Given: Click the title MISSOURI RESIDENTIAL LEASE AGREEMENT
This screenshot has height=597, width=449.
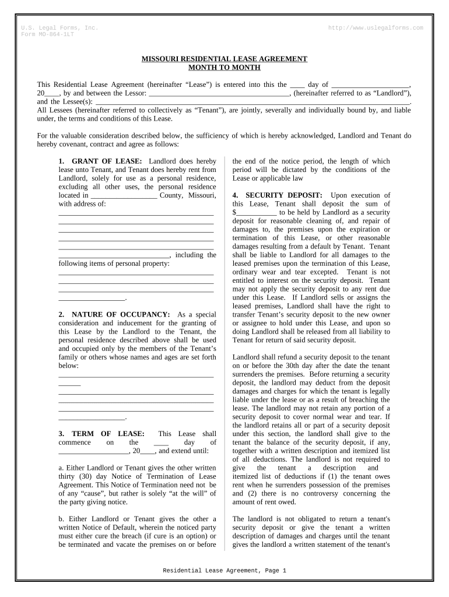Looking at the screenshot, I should click(224, 59).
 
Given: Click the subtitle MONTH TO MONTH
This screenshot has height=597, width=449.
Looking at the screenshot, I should click(224, 68).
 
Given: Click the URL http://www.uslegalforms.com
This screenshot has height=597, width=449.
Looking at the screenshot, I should click(376, 28).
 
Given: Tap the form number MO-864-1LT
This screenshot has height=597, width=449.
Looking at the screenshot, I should click(55, 34).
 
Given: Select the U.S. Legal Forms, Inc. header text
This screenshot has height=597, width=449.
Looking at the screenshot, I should click(59, 28).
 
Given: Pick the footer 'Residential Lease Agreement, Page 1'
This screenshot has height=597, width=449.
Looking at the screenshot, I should click(224, 571).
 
